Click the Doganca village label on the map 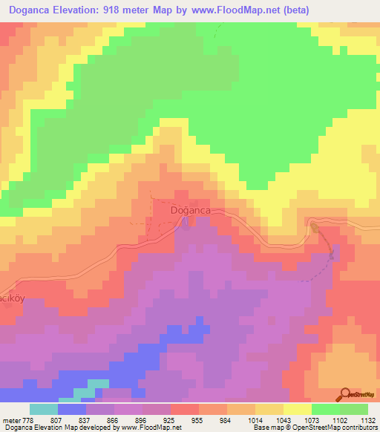[x=191, y=210]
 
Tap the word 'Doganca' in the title [x=33, y=10]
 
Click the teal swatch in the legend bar [x=43, y=409]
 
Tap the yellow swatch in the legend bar [x=297, y=409]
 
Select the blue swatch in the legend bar [x=71, y=409]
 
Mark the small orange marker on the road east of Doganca [x=313, y=226]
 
